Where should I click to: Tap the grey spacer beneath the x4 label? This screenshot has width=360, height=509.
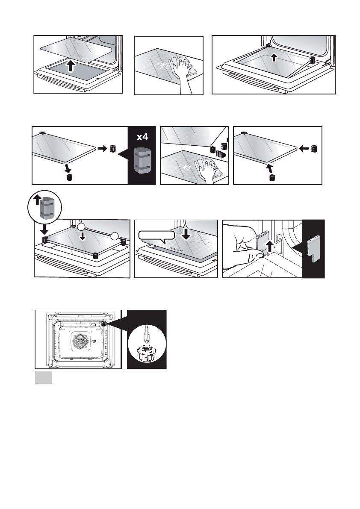tap(142, 160)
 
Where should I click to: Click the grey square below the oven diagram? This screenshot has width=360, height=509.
tap(43, 378)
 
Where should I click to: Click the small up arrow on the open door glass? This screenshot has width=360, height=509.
tap(274, 59)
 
